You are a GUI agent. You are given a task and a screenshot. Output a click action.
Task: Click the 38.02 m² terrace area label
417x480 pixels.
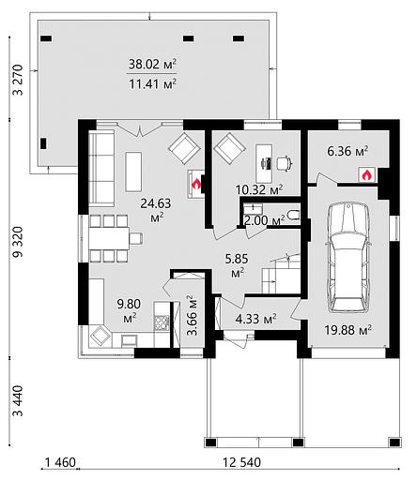[152, 65]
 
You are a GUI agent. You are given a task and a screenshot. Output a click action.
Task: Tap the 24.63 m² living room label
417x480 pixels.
[156, 209]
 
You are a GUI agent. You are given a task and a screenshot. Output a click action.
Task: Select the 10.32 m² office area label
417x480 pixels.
[259, 189]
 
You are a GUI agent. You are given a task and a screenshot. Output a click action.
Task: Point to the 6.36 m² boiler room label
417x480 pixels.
[347, 152]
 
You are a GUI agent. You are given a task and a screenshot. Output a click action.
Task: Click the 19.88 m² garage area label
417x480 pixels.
[347, 330]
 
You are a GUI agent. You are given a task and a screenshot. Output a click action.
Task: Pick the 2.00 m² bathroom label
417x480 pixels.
[265, 220]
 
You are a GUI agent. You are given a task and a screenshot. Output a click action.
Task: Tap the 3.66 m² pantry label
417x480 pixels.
[193, 316]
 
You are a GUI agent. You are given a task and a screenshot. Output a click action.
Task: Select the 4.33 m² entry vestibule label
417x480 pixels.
[255, 319]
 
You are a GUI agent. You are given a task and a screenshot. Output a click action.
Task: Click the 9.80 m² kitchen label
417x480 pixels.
[129, 310]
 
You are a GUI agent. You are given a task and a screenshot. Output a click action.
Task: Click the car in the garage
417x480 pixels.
[348, 257]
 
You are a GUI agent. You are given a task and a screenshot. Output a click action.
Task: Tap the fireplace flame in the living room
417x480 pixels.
[196, 185]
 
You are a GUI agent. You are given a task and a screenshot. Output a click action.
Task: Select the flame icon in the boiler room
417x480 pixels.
[367, 175]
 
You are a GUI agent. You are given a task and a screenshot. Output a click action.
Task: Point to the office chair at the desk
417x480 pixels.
[285, 163]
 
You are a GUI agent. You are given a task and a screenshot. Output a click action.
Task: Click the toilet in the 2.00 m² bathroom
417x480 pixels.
[294, 215]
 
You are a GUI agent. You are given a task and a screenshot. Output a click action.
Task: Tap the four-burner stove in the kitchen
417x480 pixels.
[162, 323]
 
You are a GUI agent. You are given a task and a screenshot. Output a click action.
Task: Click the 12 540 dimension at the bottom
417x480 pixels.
[241, 462]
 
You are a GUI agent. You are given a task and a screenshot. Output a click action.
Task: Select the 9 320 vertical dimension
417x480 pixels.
[18, 242]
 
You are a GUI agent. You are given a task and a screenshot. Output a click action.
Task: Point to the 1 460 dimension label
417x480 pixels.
[60, 462]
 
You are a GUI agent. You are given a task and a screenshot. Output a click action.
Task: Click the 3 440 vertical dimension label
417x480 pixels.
[18, 401]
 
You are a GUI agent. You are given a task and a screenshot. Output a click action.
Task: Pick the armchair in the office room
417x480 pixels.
[229, 147]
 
